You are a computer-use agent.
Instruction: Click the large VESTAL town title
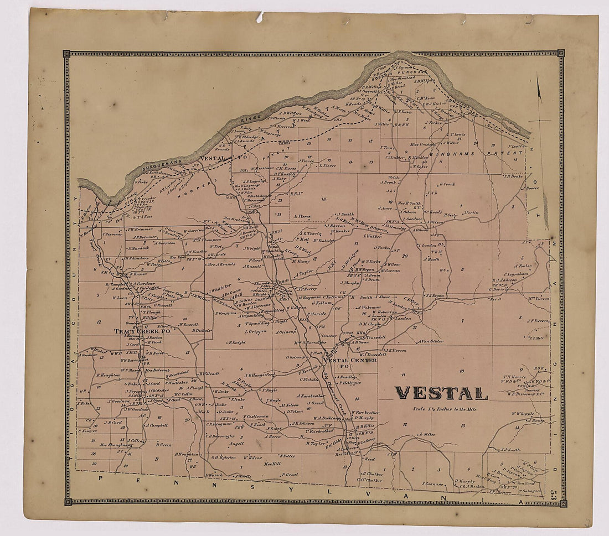pyautogui.click(x=441, y=393)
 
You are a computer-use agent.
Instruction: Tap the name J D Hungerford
pyautogui.click(x=259, y=374)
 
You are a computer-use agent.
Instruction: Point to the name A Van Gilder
pyautogui.click(x=431, y=341)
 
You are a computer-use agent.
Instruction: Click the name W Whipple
pyautogui.click(x=522, y=413)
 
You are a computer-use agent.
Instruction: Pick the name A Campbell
pyautogui.click(x=157, y=425)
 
